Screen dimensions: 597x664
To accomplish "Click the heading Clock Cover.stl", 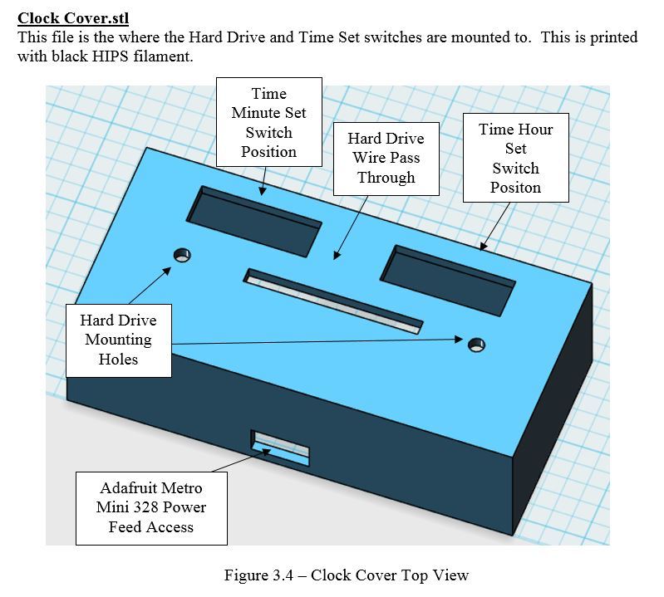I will point(73,17).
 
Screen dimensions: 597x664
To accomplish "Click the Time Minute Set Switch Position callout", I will point(268,122).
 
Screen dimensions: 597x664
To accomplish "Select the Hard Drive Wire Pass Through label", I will point(386,158).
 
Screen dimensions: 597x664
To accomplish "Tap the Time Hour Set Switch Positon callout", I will point(515,158).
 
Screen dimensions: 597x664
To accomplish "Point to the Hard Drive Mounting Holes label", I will point(118,340).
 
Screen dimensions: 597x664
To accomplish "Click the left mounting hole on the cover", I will point(181,254).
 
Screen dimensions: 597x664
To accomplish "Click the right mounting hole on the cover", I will point(475,344).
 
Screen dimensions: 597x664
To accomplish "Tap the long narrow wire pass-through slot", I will point(332,300).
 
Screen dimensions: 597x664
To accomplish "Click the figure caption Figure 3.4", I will point(346,575).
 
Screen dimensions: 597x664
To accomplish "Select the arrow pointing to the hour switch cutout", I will point(497,224).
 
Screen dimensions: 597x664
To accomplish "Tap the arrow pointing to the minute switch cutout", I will point(263,179).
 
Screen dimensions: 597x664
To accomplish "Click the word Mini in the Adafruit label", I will point(114,507).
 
